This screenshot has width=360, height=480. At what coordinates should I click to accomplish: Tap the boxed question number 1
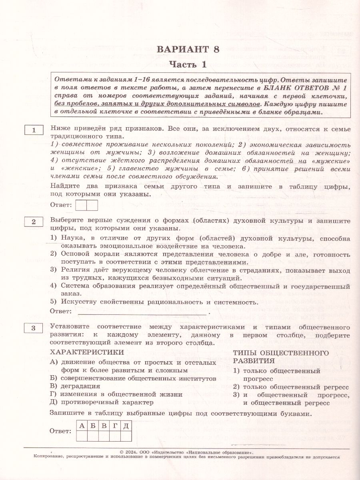click(34, 130)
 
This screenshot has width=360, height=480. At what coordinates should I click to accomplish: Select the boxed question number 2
click(34, 222)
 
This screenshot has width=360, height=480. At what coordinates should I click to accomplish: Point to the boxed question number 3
click(34, 328)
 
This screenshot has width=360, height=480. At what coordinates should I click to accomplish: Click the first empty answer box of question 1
click(81, 205)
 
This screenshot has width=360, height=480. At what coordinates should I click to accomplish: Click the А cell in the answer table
click(82, 426)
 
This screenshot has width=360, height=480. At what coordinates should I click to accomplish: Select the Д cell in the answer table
click(126, 426)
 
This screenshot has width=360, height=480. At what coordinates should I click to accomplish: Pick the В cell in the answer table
click(104, 426)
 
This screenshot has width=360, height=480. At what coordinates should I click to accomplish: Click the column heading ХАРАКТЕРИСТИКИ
click(87, 352)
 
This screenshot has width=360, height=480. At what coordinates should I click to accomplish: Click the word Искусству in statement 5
click(80, 302)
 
